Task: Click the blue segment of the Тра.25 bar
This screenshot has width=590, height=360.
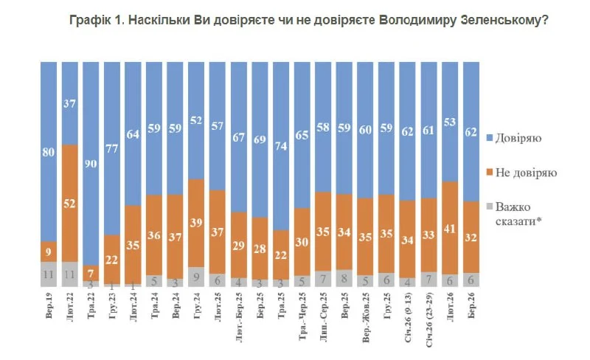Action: tap(281, 118)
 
